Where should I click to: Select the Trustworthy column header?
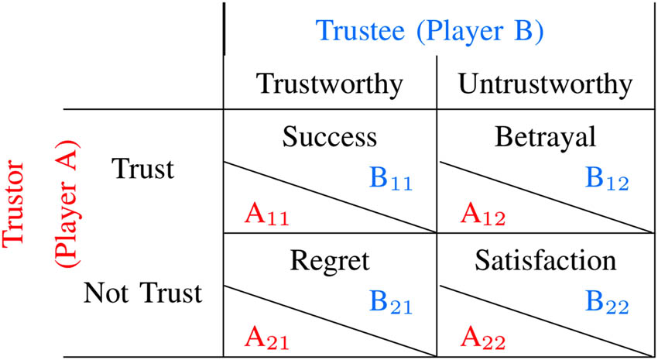click(x=330, y=83)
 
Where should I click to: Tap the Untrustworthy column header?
click(x=545, y=83)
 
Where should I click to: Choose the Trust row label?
click(x=143, y=169)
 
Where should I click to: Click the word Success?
click(x=329, y=137)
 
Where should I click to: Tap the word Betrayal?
click(x=545, y=137)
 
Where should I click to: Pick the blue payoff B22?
click(x=606, y=303)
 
